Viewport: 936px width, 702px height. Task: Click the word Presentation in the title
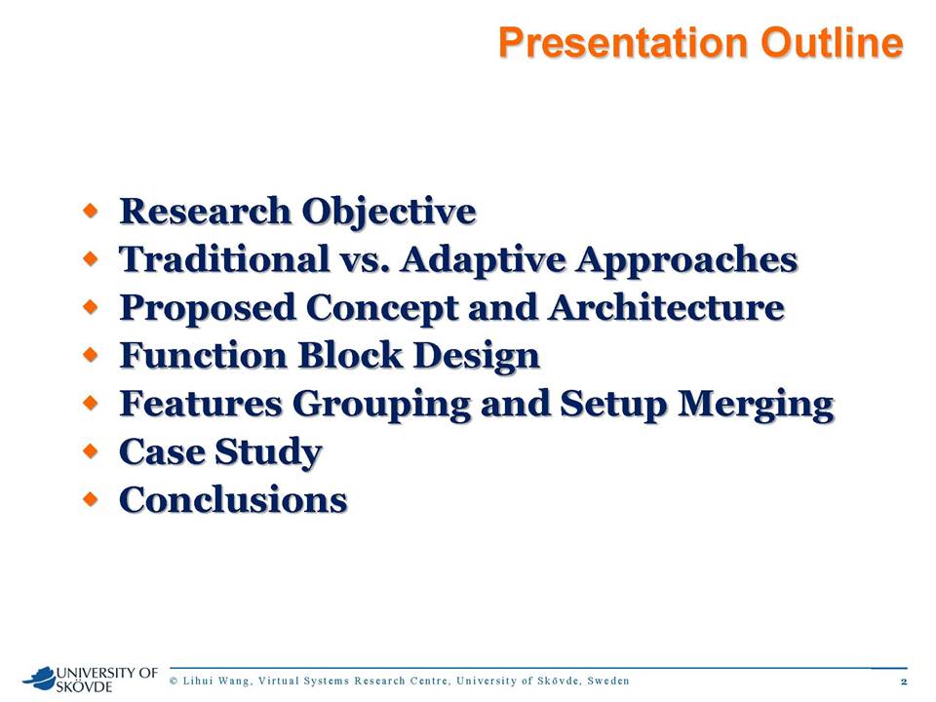[623, 43]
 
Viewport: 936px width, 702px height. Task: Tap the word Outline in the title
[832, 43]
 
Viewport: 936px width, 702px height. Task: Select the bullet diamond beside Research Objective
[90, 211]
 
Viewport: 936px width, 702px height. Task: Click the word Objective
[389, 212]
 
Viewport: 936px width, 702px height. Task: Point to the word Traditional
[224, 259]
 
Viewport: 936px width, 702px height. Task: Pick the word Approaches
[686, 260]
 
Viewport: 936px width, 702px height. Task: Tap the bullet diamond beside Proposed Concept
[90, 307]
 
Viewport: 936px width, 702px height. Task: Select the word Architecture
[667, 307]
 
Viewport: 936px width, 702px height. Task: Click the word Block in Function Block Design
[350, 355]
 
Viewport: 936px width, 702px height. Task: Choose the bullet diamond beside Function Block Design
[90, 355]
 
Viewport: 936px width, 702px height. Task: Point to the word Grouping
[381, 404]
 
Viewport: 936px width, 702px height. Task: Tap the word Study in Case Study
[268, 452]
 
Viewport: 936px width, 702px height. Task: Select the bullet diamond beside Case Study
[90, 451]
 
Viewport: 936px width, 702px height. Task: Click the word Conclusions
[233, 499]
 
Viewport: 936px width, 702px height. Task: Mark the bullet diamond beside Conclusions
[90, 499]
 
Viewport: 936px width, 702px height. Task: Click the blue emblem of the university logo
[39, 677]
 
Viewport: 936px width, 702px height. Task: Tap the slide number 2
[904, 682]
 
